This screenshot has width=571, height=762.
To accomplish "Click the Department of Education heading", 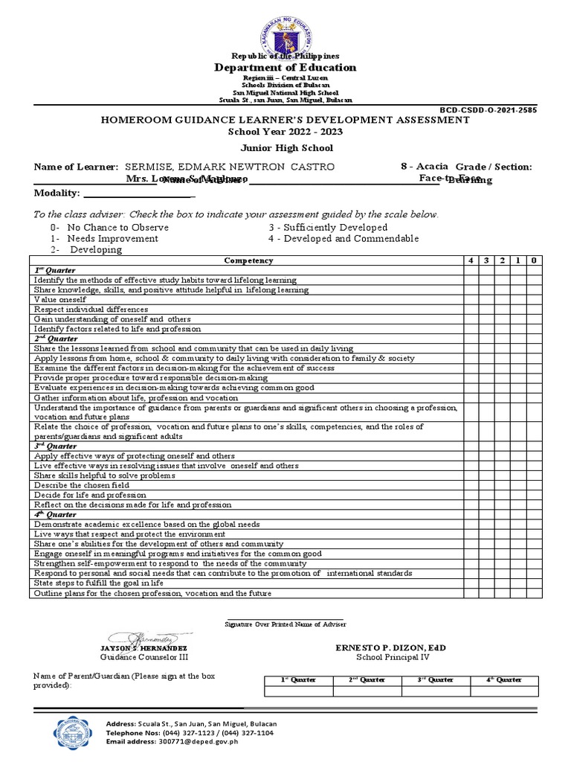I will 285,68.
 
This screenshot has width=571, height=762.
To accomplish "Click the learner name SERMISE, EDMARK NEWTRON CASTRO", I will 230,167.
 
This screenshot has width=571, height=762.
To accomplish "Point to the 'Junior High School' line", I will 285,148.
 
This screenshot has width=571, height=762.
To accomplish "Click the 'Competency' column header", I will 248,260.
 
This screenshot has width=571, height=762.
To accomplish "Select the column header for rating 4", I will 471,260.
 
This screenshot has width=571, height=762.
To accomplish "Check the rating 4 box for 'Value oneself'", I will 471,299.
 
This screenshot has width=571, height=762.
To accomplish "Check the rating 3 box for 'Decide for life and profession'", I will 486,495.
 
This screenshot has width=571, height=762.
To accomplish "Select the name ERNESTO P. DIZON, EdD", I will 391,648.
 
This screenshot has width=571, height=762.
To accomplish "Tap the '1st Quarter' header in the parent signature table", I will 298,680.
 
